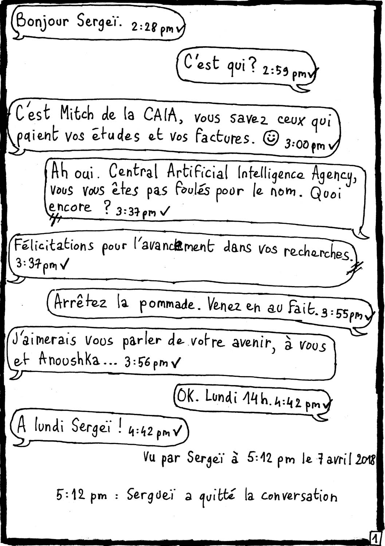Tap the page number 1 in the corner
coord(375,538)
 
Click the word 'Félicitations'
coord(54,246)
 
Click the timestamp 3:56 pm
coord(146,363)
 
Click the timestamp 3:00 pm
coord(305,145)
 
